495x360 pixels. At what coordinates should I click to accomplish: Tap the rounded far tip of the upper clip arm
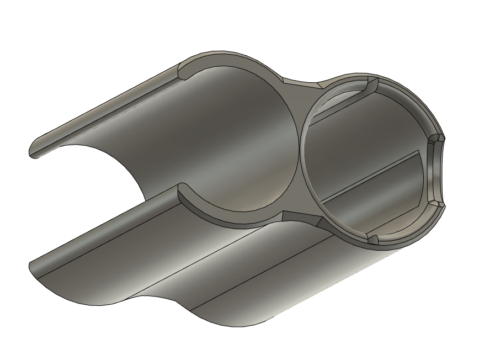point(34,151)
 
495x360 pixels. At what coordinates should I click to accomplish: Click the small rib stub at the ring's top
point(371,85)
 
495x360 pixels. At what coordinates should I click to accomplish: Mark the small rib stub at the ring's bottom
point(372,239)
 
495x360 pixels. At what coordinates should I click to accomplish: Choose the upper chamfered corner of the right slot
point(437,137)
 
